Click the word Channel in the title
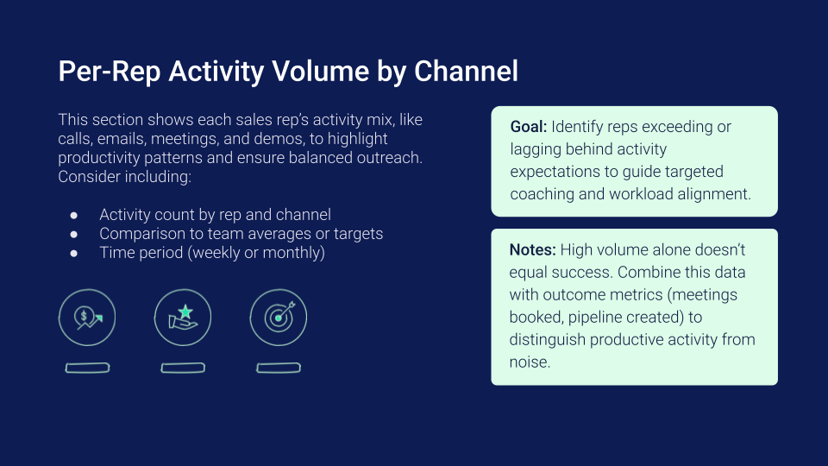(x=466, y=72)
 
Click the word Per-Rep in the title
(x=110, y=72)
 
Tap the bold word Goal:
(x=529, y=127)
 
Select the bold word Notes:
(x=532, y=250)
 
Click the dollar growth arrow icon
(x=87, y=318)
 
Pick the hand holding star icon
(x=183, y=318)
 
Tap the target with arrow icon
(x=279, y=318)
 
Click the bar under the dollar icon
(x=88, y=368)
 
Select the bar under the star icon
(x=183, y=368)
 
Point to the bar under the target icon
(x=279, y=368)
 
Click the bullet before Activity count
(x=74, y=215)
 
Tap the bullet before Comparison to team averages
(x=74, y=234)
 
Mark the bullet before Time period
(x=74, y=253)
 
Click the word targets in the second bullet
(x=358, y=234)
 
